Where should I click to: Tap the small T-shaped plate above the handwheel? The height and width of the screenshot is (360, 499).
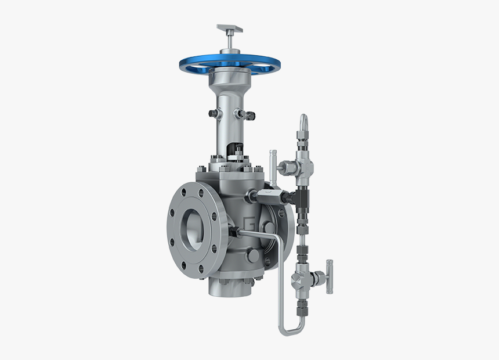[x=229, y=28]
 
